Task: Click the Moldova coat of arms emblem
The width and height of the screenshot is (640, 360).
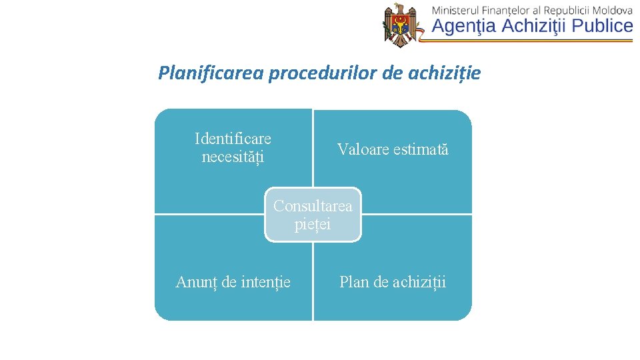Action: pyautogui.click(x=400, y=25)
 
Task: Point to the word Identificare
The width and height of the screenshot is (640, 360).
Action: pyautogui.click(x=233, y=139)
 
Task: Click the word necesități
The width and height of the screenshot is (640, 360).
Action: pyautogui.click(x=233, y=157)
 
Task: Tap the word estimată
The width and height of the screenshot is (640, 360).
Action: pyautogui.click(x=421, y=149)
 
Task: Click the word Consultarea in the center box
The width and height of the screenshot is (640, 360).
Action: pyautogui.click(x=313, y=206)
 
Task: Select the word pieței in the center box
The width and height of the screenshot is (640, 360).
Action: pyautogui.click(x=313, y=225)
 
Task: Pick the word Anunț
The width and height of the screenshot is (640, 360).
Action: pyautogui.click(x=196, y=282)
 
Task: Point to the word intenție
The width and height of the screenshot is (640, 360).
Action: pyautogui.click(x=265, y=282)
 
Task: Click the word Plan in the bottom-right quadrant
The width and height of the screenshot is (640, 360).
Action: pyautogui.click(x=354, y=282)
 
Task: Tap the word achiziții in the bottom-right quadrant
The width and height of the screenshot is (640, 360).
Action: pyautogui.click(x=419, y=282)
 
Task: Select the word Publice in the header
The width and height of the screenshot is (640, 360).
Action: pyautogui.click(x=601, y=26)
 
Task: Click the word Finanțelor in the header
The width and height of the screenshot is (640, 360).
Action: pyautogui.click(x=513, y=10)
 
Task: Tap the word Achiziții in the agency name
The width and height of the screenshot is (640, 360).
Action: pyautogui.click(x=533, y=26)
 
